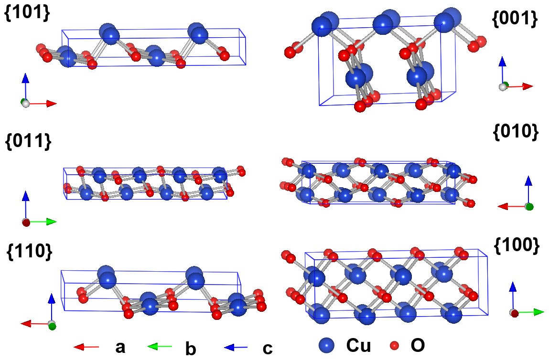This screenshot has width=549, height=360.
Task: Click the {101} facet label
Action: click(x=27, y=14)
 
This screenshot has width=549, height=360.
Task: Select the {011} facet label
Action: click(x=28, y=141)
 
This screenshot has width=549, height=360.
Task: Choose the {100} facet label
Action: click(x=516, y=245)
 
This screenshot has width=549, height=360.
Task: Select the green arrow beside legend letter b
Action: click(x=159, y=347)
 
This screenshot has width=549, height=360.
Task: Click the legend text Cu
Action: click(x=358, y=345)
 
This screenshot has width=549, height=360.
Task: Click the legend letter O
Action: click(x=417, y=345)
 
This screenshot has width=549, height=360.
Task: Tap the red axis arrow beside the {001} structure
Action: click(x=521, y=86)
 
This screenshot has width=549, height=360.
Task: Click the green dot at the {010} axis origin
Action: click(x=528, y=206)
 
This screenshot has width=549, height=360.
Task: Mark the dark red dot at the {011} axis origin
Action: click(x=26, y=222)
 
